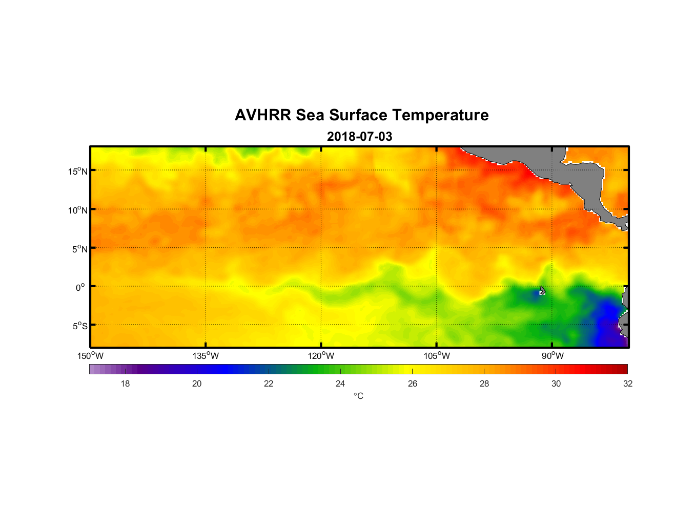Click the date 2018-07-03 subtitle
359,137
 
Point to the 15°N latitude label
78,171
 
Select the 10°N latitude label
78,210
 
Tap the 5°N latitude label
80,249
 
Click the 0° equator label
80,288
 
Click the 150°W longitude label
90,356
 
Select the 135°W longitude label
206,356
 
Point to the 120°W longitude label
321,356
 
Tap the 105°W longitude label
437,356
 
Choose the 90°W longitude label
553,356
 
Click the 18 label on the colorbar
125,383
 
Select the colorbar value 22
269,383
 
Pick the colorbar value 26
413,383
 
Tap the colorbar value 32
628,383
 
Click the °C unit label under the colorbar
358,396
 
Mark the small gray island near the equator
542,290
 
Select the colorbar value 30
556,383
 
